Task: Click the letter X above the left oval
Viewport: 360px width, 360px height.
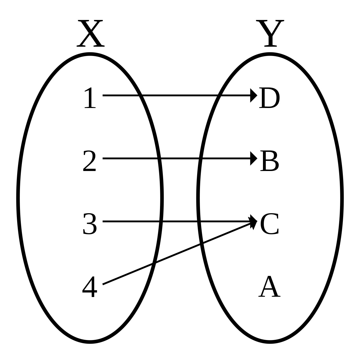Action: (91, 34)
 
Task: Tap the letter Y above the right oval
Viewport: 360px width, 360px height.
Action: (270, 34)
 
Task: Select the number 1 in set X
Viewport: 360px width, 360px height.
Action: (90, 98)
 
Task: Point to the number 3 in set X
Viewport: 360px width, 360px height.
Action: (89, 224)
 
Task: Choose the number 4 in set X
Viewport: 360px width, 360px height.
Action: (89, 287)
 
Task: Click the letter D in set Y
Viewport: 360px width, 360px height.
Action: (269, 98)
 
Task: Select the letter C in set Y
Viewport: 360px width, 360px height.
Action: (269, 224)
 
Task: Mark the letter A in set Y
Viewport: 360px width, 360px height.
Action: (269, 287)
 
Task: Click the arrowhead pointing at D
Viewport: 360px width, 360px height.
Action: (253, 95)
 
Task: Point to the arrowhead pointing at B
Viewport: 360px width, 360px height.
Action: (253, 158)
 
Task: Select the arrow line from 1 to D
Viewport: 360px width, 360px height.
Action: (177, 95)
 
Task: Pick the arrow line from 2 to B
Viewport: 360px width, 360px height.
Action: (177, 158)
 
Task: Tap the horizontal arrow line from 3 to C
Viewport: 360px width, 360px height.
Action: (177, 221)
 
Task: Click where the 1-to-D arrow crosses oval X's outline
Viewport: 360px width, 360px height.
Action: (140, 95)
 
